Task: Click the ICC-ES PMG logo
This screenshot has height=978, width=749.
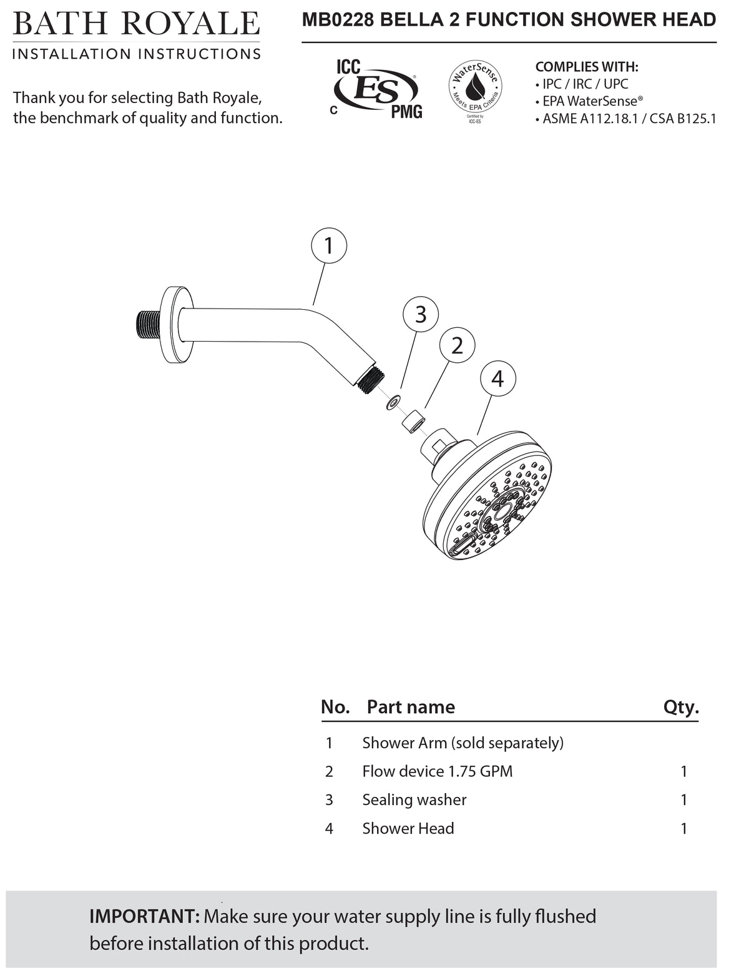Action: tap(377, 89)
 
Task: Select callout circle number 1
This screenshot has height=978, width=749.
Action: tap(328, 246)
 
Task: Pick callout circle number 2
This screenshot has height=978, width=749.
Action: tap(457, 345)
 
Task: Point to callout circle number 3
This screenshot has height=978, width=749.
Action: tap(421, 314)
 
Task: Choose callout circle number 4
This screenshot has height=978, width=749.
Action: tap(497, 378)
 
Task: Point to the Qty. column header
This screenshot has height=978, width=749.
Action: tap(681, 707)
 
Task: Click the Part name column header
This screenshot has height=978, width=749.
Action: tap(411, 707)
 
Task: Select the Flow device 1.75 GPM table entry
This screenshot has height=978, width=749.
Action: tap(437, 771)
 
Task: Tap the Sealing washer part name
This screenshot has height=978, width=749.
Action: tap(414, 800)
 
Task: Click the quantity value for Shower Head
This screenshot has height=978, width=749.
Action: tap(684, 829)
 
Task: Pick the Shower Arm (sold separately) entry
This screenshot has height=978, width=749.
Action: tap(463, 743)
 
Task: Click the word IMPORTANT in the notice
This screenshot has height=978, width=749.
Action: tap(144, 917)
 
